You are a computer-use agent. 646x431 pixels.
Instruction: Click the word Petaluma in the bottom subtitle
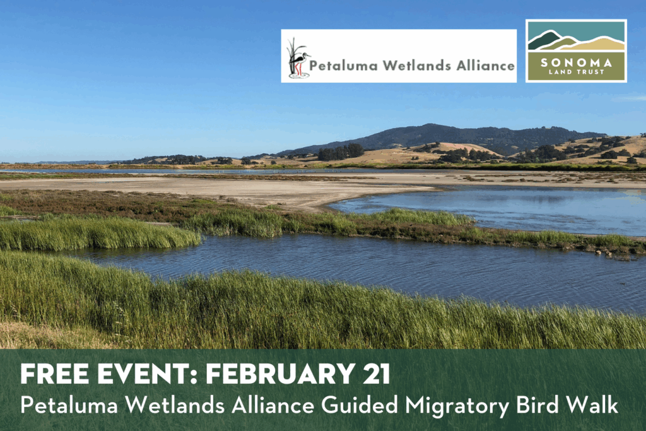[69, 405]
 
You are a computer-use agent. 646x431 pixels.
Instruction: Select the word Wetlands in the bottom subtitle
[175, 405]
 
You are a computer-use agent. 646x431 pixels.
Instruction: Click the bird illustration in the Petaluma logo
[298, 58]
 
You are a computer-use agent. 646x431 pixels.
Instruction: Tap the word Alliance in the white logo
[485, 66]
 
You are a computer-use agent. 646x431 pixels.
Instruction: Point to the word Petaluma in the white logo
[343, 66]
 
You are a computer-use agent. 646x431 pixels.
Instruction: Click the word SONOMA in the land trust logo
[576, 62]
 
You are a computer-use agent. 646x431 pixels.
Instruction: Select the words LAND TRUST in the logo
[576, 72]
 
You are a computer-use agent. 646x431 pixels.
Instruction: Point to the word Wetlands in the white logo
[416, 66]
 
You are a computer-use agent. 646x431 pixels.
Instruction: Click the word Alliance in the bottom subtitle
[273, 405]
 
